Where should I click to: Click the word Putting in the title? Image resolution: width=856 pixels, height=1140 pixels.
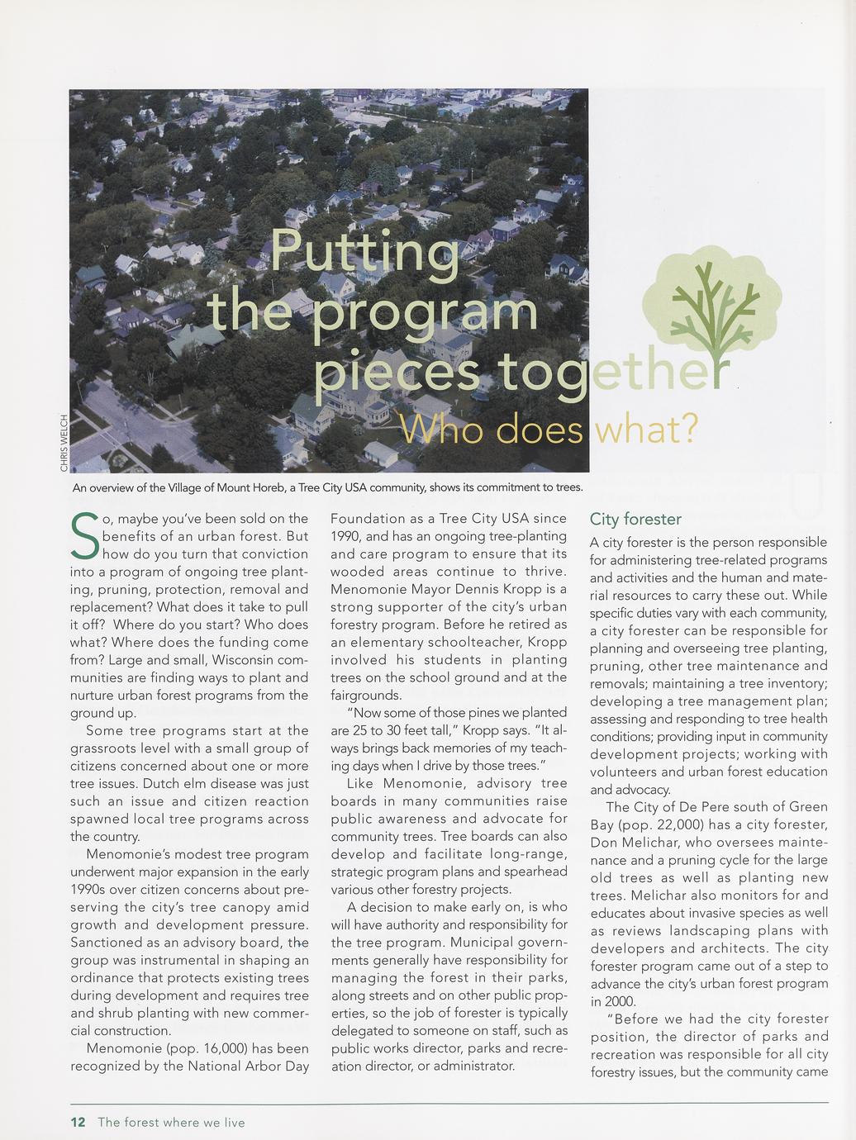click(x=364, y=252)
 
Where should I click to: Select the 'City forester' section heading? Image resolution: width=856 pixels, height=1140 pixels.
click(x=635, y=519)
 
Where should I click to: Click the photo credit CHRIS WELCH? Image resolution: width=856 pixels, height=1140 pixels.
click(x=64, y=443)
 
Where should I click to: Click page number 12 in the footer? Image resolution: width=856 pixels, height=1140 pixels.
click(x=78, y=1122)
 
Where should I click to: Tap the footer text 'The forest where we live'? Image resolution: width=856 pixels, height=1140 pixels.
click(x=171, y=1122)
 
